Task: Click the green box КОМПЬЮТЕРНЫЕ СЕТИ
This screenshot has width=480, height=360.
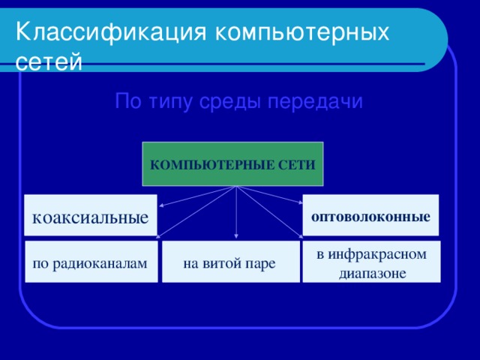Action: (x=232, y=164)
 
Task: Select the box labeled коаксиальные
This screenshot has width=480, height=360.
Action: (x=90, y=217)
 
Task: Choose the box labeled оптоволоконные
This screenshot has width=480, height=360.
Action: (x=370, y=217)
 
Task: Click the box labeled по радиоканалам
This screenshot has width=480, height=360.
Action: (x=90, y=263)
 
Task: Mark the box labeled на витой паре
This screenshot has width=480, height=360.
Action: (x=229, y=263)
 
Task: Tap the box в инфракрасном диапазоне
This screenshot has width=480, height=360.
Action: (x=371, y=263)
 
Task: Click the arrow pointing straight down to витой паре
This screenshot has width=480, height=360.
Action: (x=236, y=217)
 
